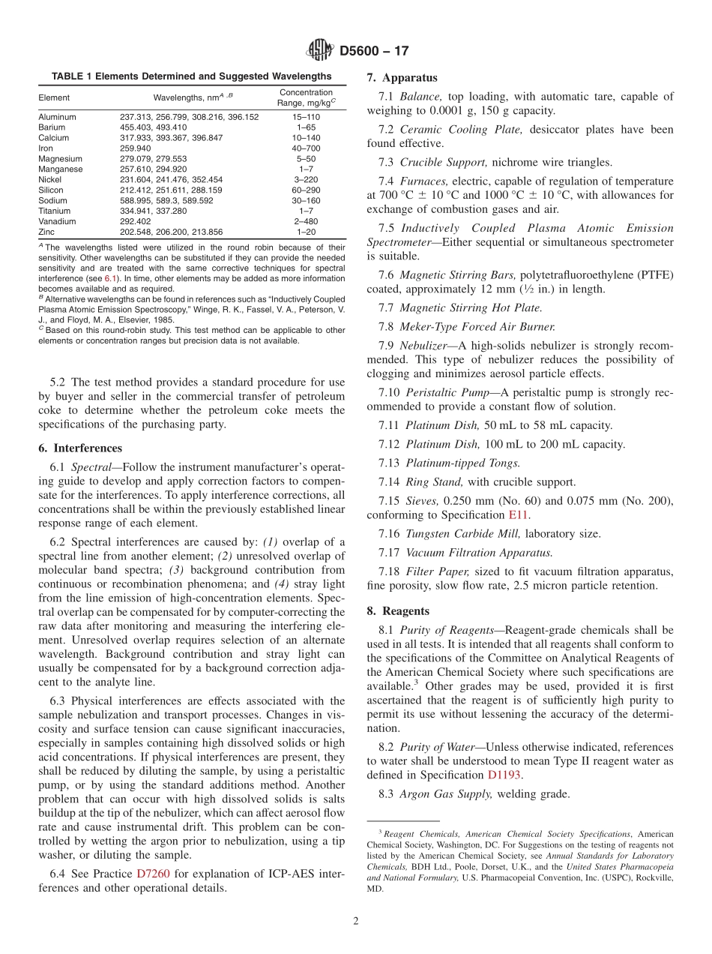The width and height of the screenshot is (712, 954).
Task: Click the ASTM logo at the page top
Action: pyautogui.click(x=320, y=51)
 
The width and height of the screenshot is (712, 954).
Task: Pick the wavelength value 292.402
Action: pyautogui.click(x=136, y=222)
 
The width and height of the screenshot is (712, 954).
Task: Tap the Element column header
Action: pyautogui.click(x=54, y=97)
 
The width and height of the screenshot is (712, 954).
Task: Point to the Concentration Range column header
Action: pyautogui.click(x=306, y=97)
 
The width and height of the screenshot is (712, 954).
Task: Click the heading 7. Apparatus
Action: pyautogui.click(x=402, y=78)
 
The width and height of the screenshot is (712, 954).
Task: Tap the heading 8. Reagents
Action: pyautogui.click(x=398, y=610)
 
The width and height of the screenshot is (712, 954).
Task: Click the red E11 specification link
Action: pyautogui.click(x=517, y=515)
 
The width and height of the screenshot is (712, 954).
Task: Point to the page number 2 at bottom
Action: pyautogui.click(x=356, y=922)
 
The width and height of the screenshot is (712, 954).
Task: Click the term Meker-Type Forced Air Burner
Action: pyautogui.click(x=477, y=326)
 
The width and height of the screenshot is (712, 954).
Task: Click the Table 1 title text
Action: pyautogui.click(x=191, y=76)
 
